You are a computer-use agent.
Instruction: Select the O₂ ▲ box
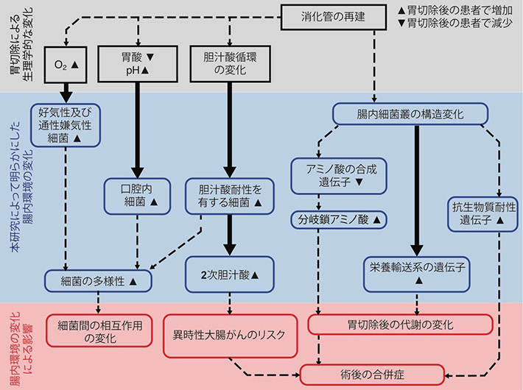point(67,64)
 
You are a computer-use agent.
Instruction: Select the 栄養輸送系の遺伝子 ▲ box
point(417,269)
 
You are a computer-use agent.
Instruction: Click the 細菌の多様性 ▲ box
point(97,280)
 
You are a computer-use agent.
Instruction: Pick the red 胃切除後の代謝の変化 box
point(401,324)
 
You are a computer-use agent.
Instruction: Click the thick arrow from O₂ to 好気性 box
point(67,91)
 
